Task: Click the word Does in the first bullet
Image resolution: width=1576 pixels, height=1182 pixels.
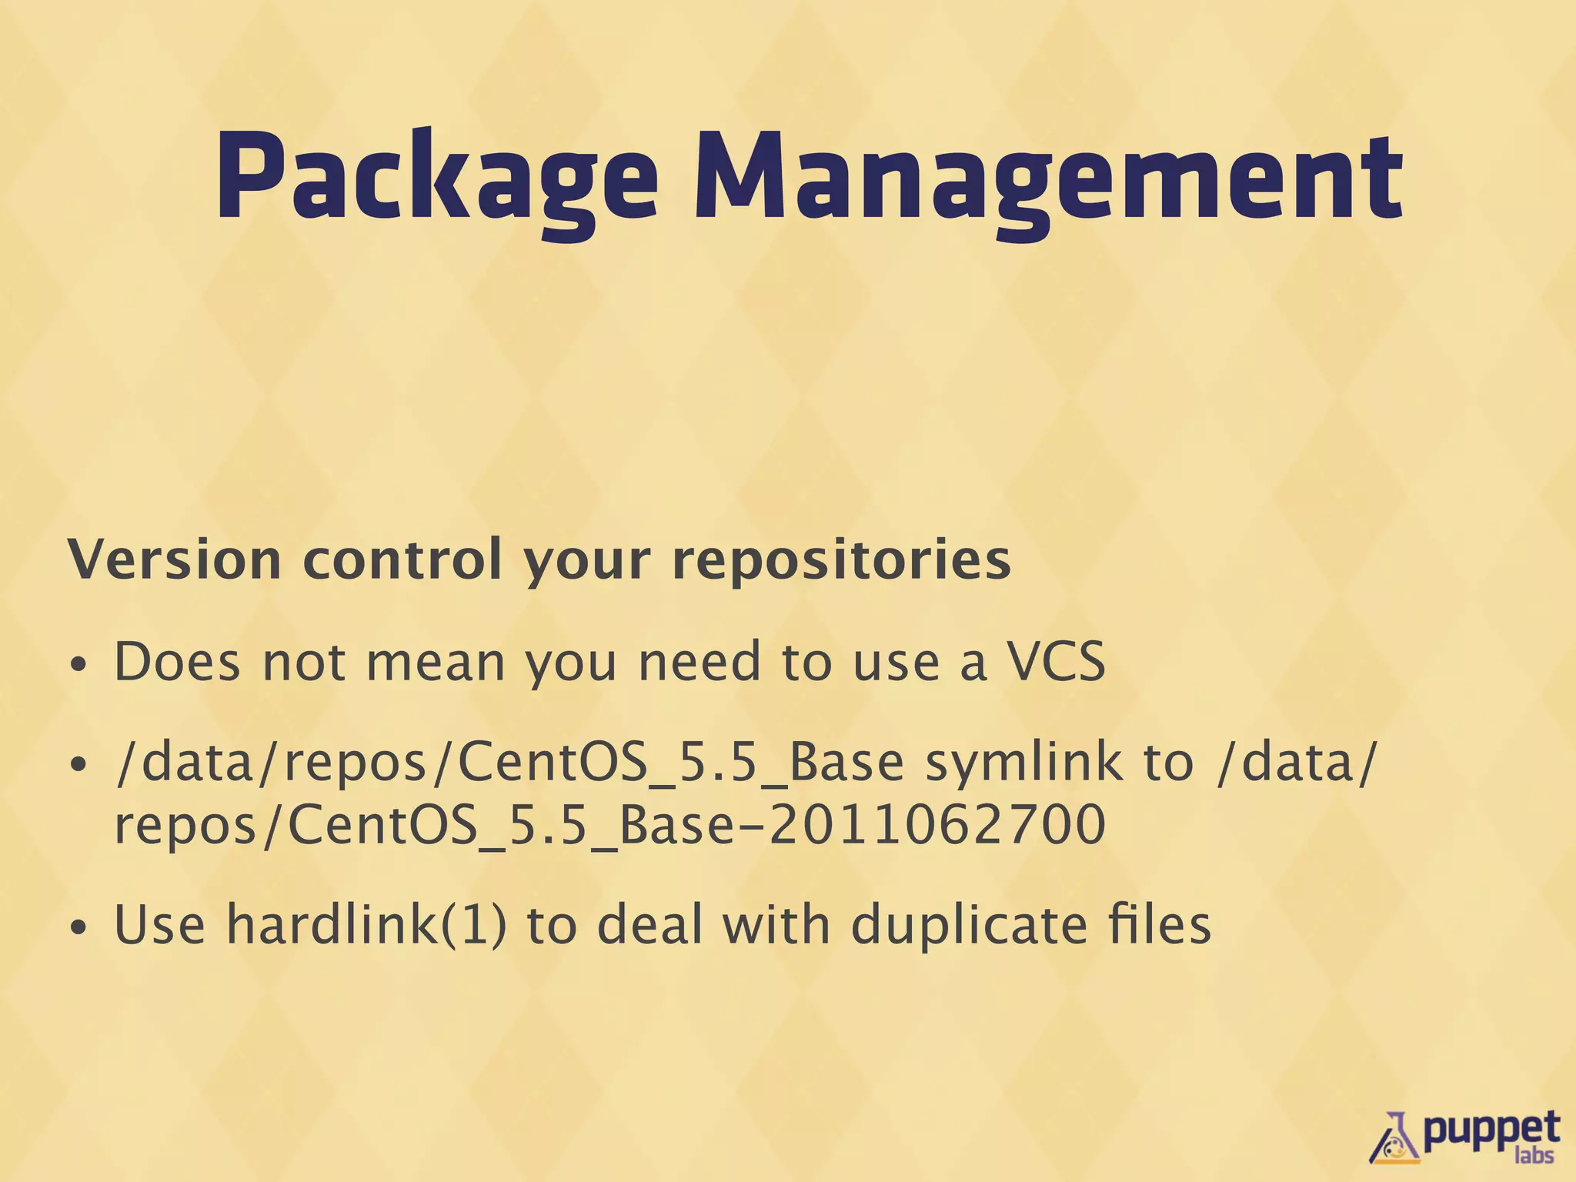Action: coord(177,661)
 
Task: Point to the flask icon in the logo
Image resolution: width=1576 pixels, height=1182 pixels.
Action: coord(1395,1137)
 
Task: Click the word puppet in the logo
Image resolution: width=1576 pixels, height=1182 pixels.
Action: coord(1490,1130)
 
